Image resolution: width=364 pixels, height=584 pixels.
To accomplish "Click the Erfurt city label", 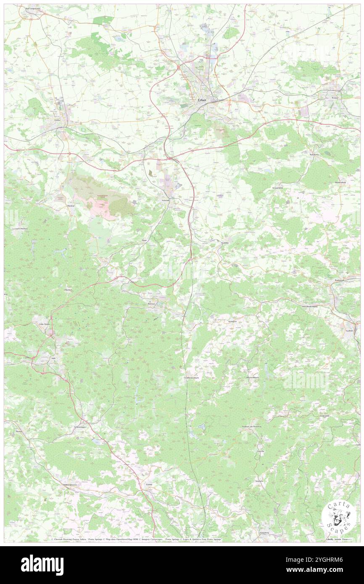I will tap(203, 100).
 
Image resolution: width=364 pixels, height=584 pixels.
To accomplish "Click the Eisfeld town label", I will tap(148, 484).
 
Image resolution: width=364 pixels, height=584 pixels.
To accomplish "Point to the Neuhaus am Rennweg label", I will tap(252, 426).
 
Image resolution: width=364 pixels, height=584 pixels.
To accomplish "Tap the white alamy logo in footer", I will tap(42, 565).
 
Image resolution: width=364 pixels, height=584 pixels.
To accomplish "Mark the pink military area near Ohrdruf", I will tap(101, 207).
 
